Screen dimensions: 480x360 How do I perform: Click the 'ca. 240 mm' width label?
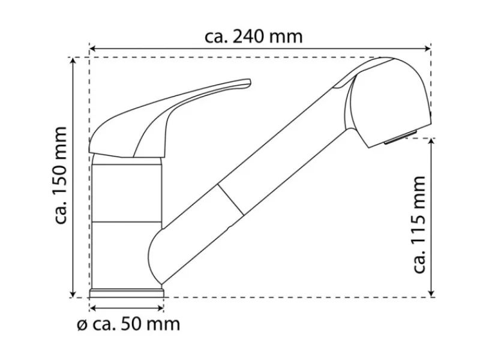coord(253,37)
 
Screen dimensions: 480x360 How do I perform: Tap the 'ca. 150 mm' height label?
coord(61,175)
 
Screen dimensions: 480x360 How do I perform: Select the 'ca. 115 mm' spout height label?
coord(419,224)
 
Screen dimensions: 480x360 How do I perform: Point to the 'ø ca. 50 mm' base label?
coord(128,324)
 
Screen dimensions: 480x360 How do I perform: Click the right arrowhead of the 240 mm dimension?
coord(428,49)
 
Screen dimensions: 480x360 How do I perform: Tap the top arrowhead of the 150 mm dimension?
coord(73,61)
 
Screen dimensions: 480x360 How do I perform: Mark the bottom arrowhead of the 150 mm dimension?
coord(73,294)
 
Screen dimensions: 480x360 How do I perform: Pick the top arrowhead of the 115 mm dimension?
coord(431,142)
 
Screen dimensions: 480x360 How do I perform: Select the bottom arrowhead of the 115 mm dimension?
coord(431,294)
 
